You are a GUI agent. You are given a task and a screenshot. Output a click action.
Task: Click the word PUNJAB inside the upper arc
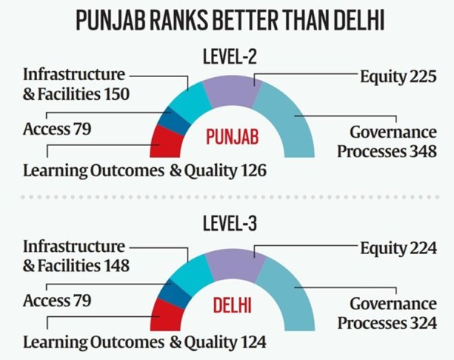tap(232, 138)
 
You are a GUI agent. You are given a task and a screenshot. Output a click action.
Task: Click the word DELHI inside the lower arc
tap(232, 309)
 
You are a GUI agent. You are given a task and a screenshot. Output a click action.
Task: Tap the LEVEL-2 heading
tap(232, 57)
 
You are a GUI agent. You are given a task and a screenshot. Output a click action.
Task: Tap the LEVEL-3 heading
tap(232, 226)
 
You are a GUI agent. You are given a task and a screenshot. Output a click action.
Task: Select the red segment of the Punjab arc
tap(165, 138)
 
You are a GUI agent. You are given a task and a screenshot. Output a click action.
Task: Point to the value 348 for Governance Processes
tap(420, 151)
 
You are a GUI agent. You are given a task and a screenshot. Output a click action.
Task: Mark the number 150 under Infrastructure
tap(116, 95)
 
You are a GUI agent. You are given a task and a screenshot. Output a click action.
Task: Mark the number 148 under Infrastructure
tap(116, 265)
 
